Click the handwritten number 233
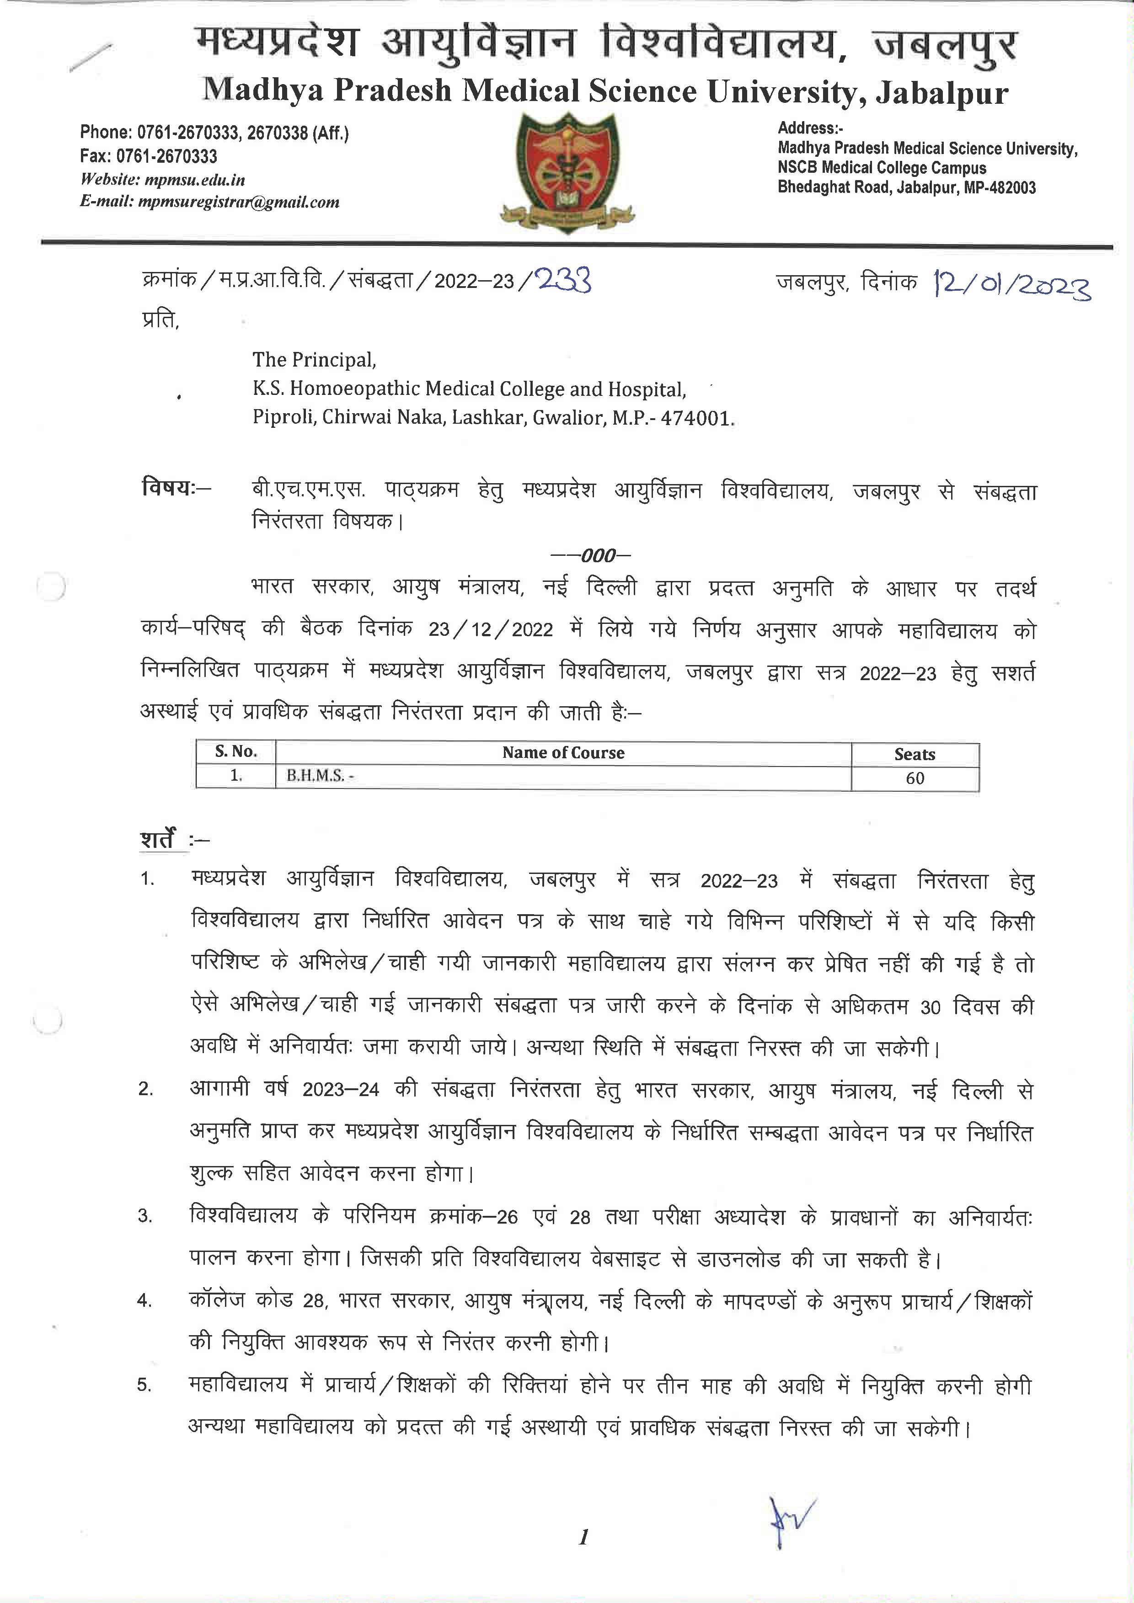[x=563, y=281]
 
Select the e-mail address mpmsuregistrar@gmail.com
[x=239, y=202]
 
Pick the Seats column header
[x=914, y=754]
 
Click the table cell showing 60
[x=915, y=778]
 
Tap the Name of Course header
[x=563, y=753]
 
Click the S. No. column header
[x=236, y=752]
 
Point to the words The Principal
[x=314, y=360]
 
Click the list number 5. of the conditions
[x=144, y=1386]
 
